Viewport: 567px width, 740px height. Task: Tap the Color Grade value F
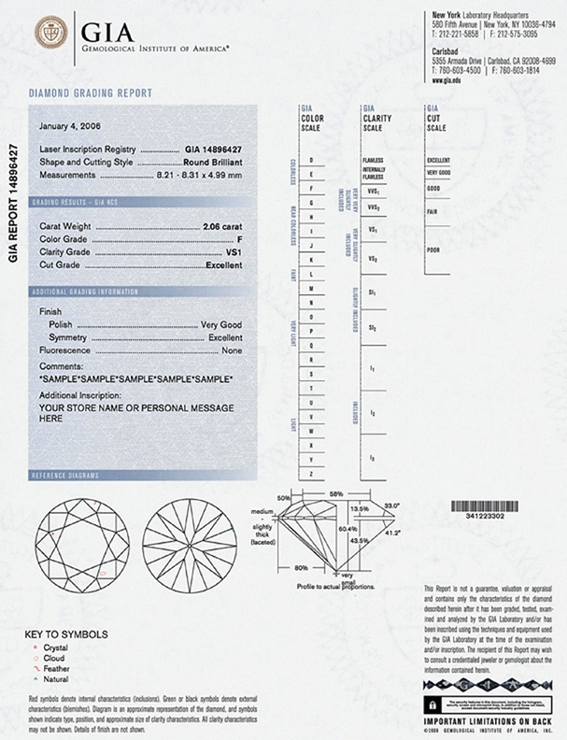pyautogui.click(x=240, y=240)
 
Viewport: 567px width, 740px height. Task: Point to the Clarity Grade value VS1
pyautogui.click(x=234, y=253)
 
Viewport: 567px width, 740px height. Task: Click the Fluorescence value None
pyautogui.click(x=231, y=349)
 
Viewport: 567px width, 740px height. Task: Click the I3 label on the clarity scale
pyautogui.click(x=372, y=458)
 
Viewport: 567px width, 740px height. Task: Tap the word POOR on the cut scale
pyautogui.click(x=432, y=249)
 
